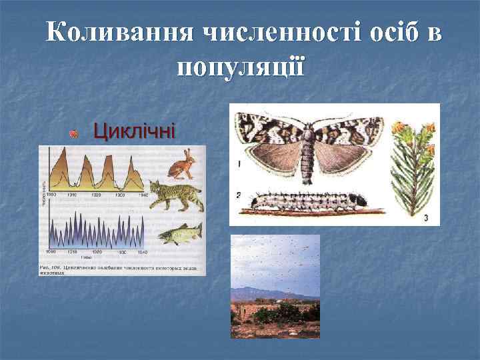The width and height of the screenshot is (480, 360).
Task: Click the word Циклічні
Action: pyautogui.click(x=134, y=131)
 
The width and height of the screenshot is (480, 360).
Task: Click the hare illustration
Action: pyautogui.click(x=181, y=165)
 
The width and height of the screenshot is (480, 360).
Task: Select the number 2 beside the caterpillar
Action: pyautogui.click(x=238, y=195)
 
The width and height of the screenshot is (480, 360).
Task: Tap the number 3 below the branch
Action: pyautogui.click(x=426, y=217)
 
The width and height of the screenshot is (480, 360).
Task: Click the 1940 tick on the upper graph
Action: pyautogui.click(x=141, y=195)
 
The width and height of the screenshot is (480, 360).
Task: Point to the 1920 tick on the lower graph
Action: pyautogui.click(x=97, y=253)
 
